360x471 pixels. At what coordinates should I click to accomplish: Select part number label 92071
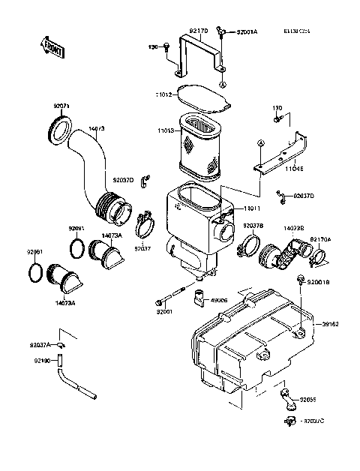pyautogui.click(x=62, y=107)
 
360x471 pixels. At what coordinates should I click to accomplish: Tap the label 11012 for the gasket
pyautogui.click(x=164, y=95)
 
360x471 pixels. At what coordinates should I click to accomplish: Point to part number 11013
pyautogui.click(x=165, y=130)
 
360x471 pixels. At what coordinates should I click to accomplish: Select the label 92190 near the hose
pyautogui.click(x=41, y=361)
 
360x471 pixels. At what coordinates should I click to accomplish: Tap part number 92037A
pyautogui.click(x=40, y=344)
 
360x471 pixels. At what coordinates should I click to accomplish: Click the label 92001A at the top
pyautogui.click(x=247, y=32)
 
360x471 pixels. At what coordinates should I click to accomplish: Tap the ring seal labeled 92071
pyautogui.click(x=61, y=129)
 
